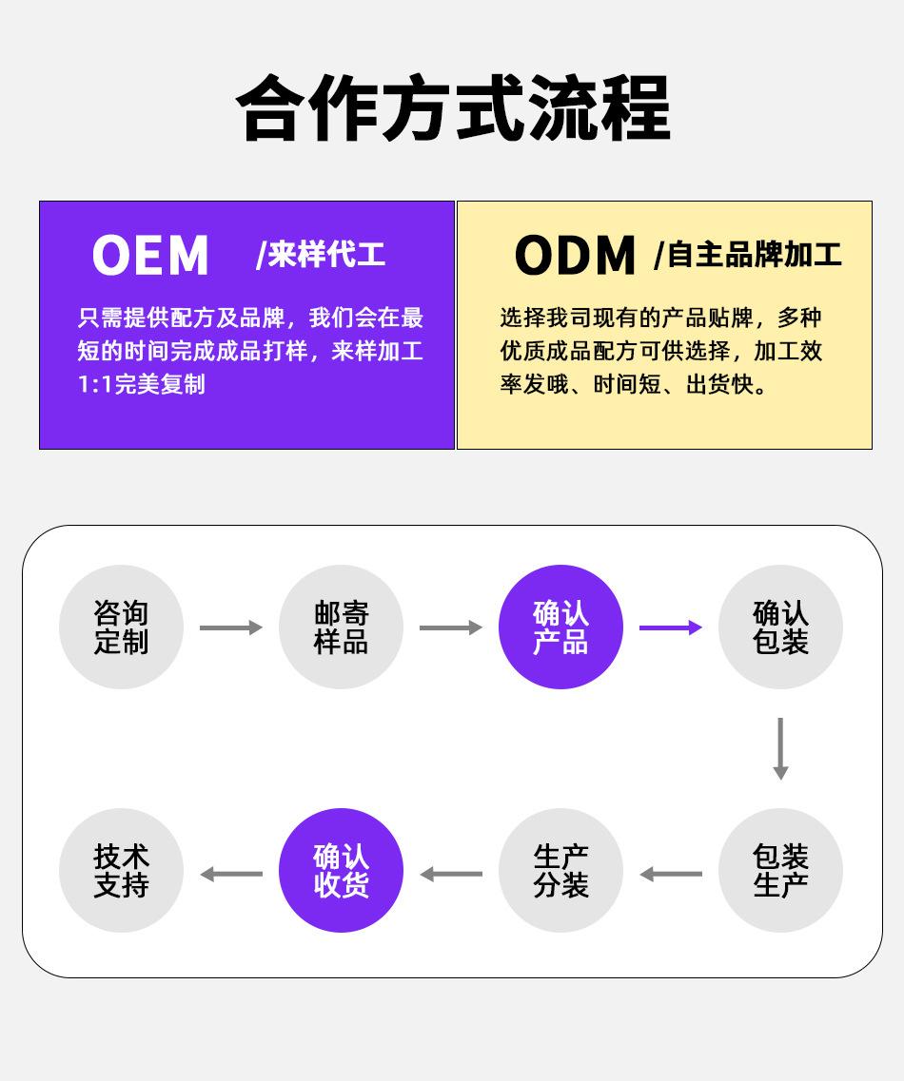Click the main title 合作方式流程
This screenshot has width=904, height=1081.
(452, 108)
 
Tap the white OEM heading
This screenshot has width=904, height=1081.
(150, 256)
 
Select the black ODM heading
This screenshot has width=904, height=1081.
(575, 256)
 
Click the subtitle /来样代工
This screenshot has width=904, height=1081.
(321, 255)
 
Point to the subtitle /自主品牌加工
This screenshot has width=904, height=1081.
(748, 255)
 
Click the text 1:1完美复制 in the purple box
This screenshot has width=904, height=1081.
(141, 385)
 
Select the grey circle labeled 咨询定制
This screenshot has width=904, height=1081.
(121, 627)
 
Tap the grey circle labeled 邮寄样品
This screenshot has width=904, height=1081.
(341, 627)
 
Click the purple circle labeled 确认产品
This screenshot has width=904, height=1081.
(560, 627)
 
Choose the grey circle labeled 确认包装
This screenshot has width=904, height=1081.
(780, 627)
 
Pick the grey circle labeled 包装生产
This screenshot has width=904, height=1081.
(780, 871)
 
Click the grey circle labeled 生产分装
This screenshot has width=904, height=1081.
(560, 871)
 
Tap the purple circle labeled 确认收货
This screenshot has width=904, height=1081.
(341, 871)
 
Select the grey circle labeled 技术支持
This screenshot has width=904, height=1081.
(121, 871)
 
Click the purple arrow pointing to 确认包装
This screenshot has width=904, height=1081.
(671, 627)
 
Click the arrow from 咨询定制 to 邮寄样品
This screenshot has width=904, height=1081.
(231, 627)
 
